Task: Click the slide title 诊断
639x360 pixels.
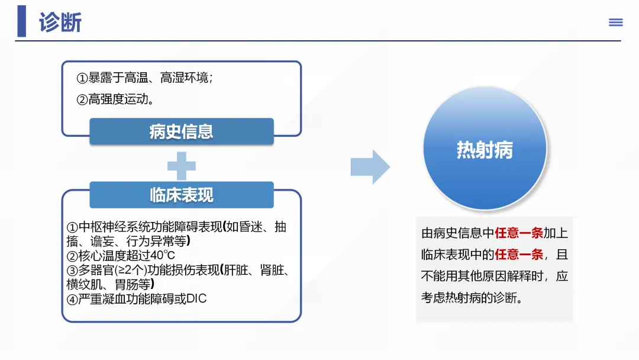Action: coord(60,22)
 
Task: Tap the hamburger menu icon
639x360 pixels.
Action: coord(616,22)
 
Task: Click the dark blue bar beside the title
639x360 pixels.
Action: coord(22,21)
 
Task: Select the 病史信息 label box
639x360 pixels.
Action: coord(181,131)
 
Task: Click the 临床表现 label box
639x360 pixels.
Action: coord(181,195)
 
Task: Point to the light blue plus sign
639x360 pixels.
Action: coord(182,166)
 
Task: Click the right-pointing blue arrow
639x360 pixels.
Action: coord(370,167)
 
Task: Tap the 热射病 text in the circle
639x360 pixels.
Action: coord(485,150)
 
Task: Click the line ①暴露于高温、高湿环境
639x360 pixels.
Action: coord(144,78)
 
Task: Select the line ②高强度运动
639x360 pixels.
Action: coord(116,99)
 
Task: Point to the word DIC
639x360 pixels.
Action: coord(196,298)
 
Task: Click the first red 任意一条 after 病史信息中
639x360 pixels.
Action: coord(519,233)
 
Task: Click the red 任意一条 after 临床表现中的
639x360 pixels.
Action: coord(519,255)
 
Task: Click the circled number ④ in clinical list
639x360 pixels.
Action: coord(72,299)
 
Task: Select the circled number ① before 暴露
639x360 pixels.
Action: coord(82,78)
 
